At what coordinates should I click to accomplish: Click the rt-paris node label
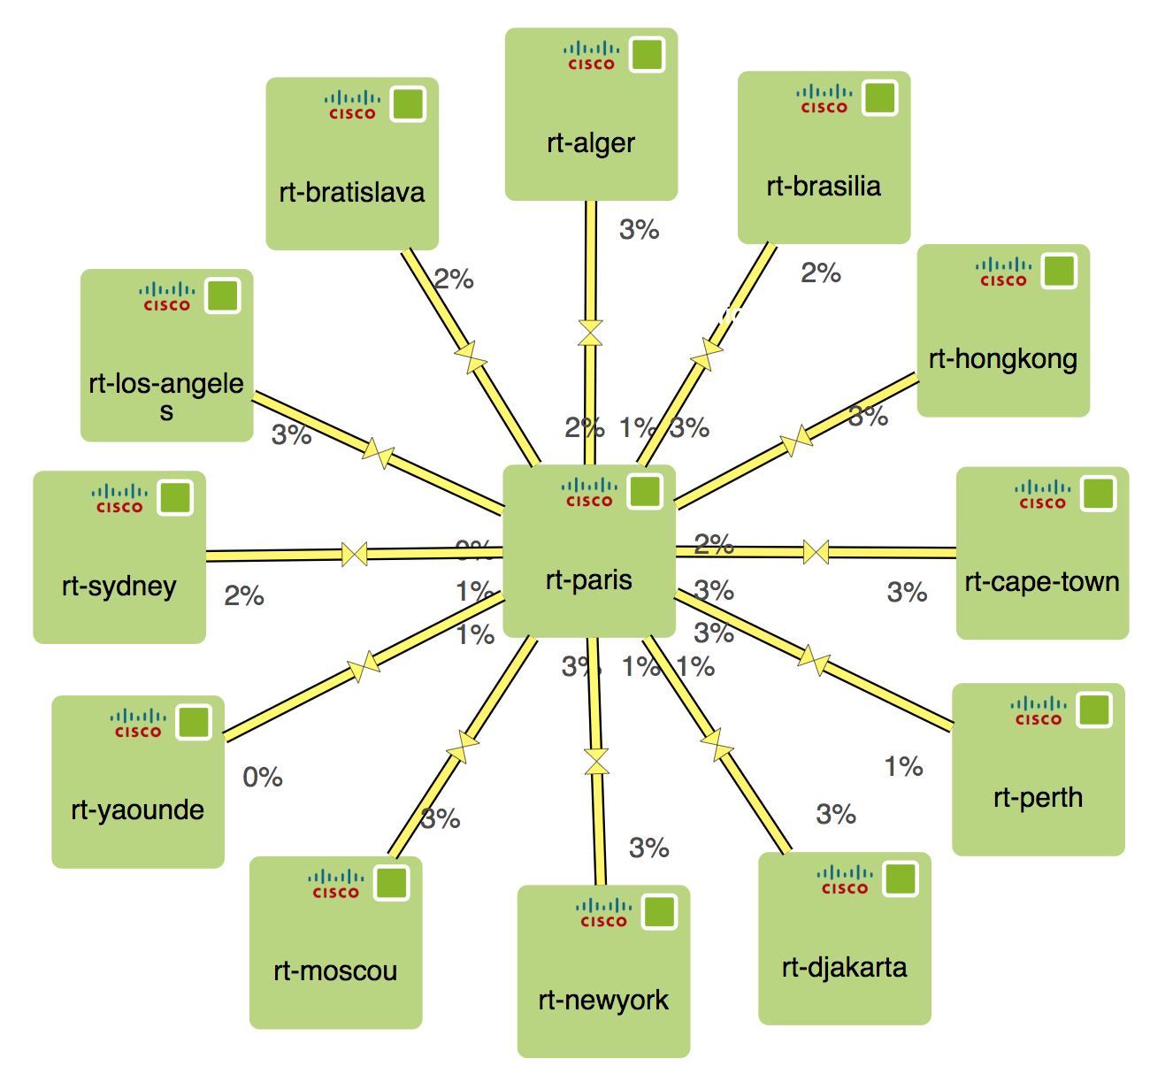pyautogui.click(x=589, y=579)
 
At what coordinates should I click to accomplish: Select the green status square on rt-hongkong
pyautogui.click(x=1059, y=271)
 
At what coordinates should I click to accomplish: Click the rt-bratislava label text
pyautogui.click(x=352, y=192)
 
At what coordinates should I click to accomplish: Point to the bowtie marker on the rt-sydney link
pyautogui.click(x=355, y=554)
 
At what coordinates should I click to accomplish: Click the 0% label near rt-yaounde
pyautogui.click(x=263, y=778)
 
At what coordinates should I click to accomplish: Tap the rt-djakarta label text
pyautogui.click(x=845, y=967)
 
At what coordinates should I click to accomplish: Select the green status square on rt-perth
pyautogui.click(x=1094, y=710)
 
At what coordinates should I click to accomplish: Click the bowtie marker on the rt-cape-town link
pyautogui.click(x=816, y=552)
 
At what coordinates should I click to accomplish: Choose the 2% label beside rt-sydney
pyautogui.click(x=244, y=596)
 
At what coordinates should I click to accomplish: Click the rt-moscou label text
pyautogui.click(x=335, y=970)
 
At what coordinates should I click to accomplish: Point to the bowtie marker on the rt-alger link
pyautogui.click(x=590, y=333)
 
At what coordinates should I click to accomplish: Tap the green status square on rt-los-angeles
pyautogui.click(x=223, y=295)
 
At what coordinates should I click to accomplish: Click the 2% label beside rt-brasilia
pyautogui.click(x=821, y=273)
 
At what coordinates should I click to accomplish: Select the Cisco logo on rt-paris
pyautogui.click(x=589, y=492)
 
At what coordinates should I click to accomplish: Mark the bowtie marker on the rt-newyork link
pyautogui.click(x=597, y=761)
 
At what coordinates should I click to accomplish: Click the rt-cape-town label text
pyautogui.click(x=1042, y=581)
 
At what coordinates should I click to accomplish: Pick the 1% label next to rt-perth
pyautogui.click(x=904, y=766)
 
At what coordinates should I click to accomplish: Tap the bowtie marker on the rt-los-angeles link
pyautogui.click(x=378, y=452)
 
